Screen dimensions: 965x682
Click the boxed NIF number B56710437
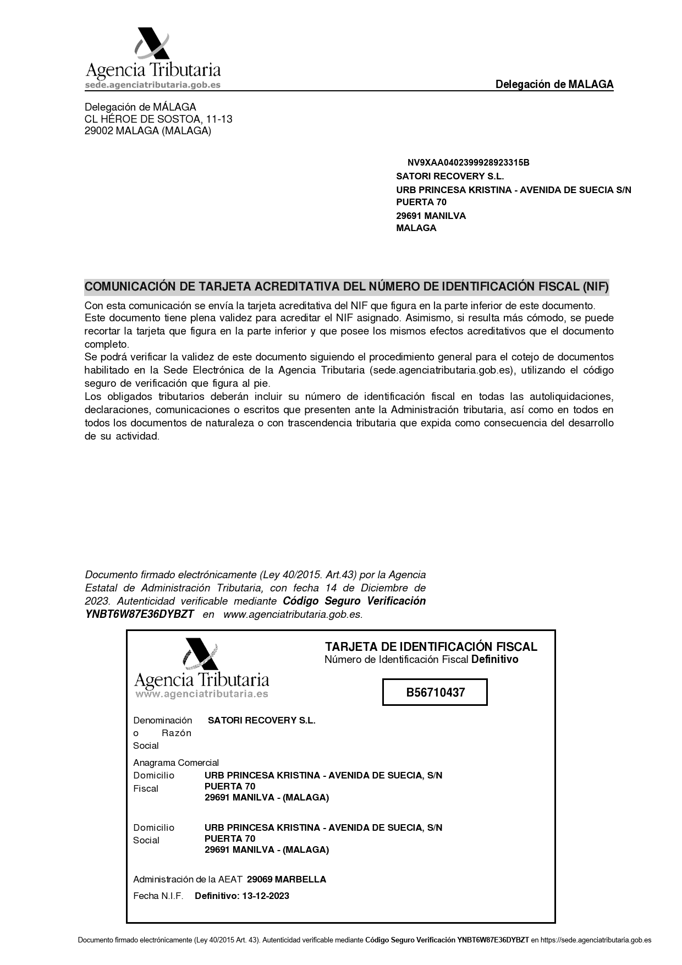[435, 693]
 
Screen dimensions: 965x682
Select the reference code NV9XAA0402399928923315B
[468, 163]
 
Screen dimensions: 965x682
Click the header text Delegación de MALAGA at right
[554, 85]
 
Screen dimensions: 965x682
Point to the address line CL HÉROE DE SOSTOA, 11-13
[158, 119]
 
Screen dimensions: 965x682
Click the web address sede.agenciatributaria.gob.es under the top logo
[153, 85]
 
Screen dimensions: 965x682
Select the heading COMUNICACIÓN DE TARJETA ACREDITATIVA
[346, 287]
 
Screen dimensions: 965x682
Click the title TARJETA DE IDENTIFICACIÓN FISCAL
[431, 647]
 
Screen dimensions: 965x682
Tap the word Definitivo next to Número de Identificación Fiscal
[494, 660]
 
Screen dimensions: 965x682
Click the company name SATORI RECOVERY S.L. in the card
[261, 721]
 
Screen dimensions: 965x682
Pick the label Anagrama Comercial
[176, 763]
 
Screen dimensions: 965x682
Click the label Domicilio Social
[153, 834]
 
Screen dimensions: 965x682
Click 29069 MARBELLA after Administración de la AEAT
[286, 879]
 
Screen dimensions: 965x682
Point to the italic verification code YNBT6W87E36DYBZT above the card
[140, 615]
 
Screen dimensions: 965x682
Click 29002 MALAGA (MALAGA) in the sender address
[147, 131]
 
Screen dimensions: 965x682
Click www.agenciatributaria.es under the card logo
[202, 694]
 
